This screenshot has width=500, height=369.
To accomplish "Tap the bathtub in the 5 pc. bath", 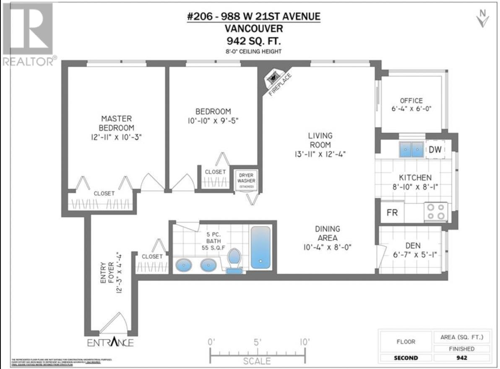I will (261, 247).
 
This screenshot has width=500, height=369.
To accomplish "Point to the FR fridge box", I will (392, 212).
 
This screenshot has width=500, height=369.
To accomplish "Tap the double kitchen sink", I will (411, 150).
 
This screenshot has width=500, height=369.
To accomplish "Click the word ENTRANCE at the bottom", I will (110, 342).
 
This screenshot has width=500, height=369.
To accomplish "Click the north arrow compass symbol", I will (483, 18).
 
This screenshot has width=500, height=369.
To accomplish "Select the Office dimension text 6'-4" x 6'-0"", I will (411, 108).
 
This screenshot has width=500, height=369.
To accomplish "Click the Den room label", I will (413, 245).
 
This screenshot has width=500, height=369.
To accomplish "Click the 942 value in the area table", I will (461, 358).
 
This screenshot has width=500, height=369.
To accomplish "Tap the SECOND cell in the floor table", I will (406, 358).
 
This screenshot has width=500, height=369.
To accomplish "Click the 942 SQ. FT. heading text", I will (253, 41).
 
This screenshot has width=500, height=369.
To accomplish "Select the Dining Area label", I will (328, 233).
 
